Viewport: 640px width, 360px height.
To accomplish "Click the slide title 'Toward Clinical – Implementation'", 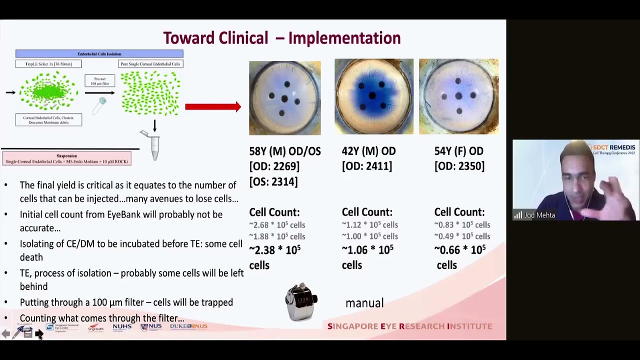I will [x=281, y=38].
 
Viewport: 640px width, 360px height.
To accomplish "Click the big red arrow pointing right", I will [x=213, y=106].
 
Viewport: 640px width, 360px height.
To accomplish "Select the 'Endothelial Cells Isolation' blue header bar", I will [x=99, y=54].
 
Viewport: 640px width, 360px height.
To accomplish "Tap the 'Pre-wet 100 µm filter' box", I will [x=99, y=80].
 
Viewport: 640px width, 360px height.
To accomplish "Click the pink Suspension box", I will [x=66, y=158].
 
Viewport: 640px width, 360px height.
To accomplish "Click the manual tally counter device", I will [x=301, y=302].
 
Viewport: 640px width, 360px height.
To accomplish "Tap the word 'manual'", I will [x=364, y=303].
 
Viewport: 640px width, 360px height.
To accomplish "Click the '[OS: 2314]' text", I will [x=273, y=181].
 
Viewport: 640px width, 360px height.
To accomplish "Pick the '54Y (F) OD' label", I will [x=458, y=151].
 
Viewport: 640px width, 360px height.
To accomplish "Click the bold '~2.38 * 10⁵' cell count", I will [x=275, y=249].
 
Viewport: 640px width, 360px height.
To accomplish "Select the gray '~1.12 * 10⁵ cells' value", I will [x=369, y=225].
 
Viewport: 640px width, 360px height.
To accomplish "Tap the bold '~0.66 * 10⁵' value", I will [x=460, y=249].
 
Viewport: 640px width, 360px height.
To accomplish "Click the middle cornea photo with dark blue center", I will [x=373, y=96].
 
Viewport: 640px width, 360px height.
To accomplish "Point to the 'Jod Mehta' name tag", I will [x=539, y=215].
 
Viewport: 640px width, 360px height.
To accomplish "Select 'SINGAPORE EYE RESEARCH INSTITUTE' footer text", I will [x=409, y=326].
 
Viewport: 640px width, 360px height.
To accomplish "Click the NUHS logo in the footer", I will [x=121, y=327].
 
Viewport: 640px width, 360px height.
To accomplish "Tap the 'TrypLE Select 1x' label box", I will [x=48, y=64].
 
